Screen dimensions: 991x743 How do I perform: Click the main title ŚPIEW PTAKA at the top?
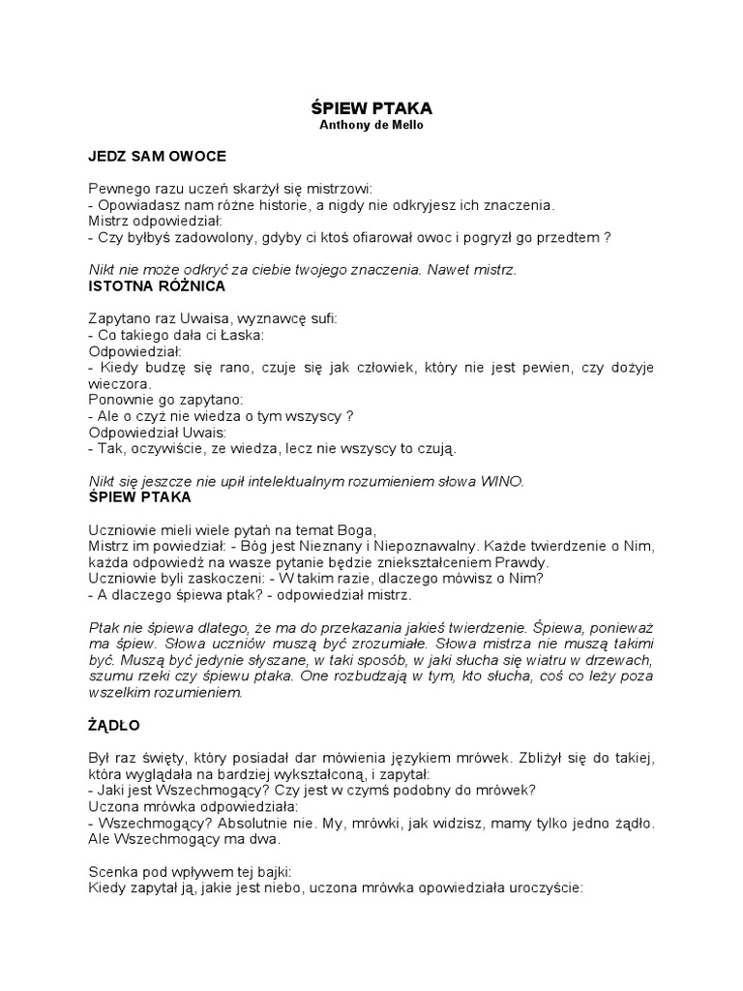371,109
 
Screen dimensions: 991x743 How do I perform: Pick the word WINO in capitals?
503,481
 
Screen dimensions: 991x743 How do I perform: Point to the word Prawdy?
522,561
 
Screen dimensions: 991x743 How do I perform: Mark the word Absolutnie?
276,824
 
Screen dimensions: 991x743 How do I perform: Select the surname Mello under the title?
405,125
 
